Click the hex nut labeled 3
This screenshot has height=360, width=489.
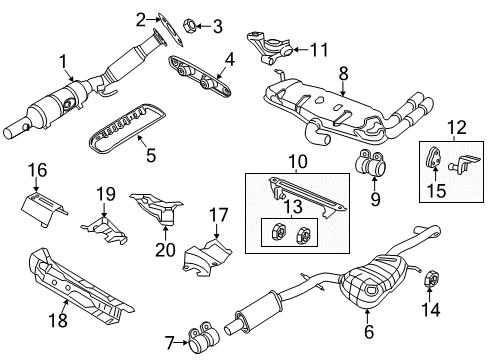tap(190, 25)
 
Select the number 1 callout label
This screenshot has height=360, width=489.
tap(63, 62)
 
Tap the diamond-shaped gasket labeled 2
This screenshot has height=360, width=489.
tap(170, 30)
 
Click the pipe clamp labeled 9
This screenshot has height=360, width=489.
tap(370, 163)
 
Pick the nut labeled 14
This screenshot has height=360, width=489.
tap(431, 278)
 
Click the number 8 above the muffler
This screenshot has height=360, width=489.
tap(344, 73)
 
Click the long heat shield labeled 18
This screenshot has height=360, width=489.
tap(80, 287)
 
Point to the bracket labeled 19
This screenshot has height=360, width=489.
tap(104, 230)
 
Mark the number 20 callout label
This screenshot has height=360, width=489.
tap(165, 250)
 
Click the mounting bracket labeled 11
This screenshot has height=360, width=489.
tap(269, 47)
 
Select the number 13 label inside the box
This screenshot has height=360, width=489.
tap(294, 207)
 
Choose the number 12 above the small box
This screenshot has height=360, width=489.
tap(457, 128)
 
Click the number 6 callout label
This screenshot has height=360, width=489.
tap(368, 332)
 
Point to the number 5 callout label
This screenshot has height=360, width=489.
tap(151, 155)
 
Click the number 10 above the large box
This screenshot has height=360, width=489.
tap(298, 162)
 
